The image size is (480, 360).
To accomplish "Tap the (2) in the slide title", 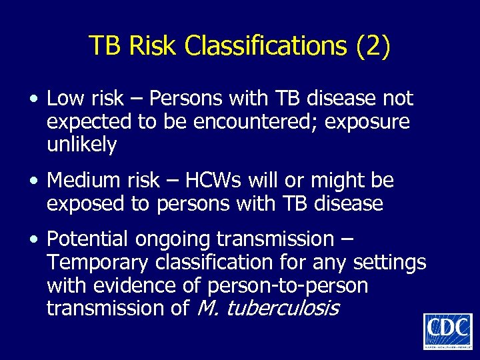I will [373, 46].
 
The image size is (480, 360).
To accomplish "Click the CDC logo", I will [447, 331].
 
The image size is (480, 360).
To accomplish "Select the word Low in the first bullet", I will [66, 99].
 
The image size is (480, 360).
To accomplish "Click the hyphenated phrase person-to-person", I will [288, 286].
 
